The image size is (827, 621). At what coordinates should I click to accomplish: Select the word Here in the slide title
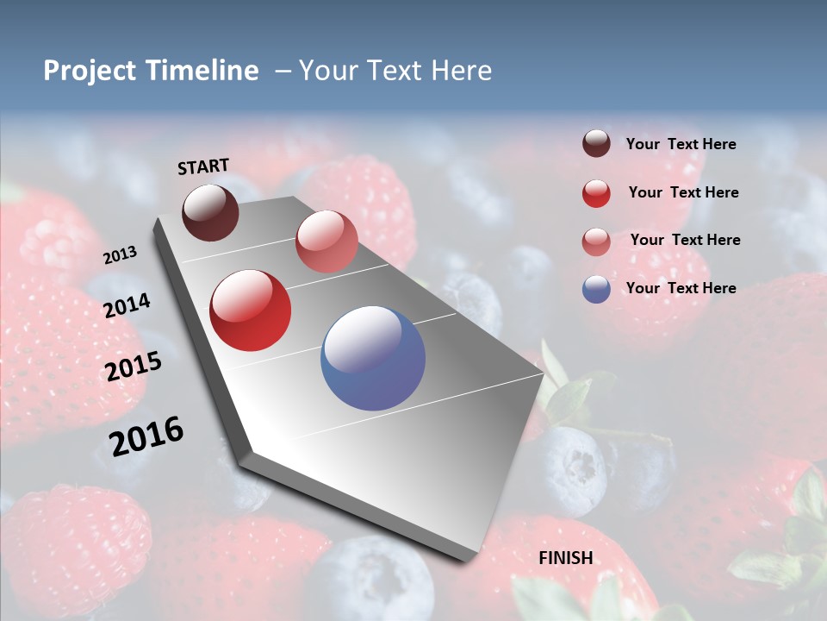click(x=461, y=71)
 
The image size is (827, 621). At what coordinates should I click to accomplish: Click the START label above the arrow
click(x=203, y=166)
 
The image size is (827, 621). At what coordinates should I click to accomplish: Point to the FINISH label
click(x=566, y=558)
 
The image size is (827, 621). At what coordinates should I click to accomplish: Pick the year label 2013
click(x=120, y=255)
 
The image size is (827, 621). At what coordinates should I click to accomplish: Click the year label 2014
click(x=127, y=306)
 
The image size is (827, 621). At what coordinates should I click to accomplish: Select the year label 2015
click(x=133, y=367)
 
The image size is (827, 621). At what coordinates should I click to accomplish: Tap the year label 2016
click(x=146, y=436)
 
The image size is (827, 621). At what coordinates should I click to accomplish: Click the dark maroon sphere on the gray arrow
click(x=210, y=212)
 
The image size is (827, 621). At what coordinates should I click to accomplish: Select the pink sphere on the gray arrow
click(x=326, y=241)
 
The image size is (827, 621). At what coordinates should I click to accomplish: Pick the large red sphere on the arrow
click(x=251, y=310)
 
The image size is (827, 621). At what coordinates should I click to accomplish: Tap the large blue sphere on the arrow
click(x=373, y=358)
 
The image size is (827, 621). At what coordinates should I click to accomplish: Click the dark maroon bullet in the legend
click(x=596, y=144)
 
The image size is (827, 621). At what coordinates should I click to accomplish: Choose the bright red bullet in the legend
click(x=596, y=193)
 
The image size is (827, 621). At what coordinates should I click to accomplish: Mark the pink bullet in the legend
click(x=596, y=241)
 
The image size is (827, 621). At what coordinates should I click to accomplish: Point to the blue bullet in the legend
click(x=596, y=289)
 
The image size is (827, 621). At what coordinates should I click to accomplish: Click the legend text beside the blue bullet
click(x=681, y=288)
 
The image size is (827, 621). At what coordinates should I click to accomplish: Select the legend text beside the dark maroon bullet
click(x=681, y=144)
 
